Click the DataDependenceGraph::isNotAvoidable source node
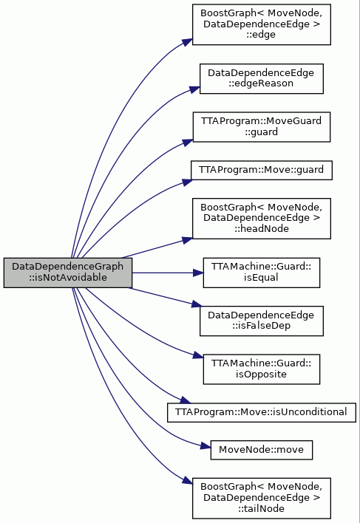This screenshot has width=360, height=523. point(68,273)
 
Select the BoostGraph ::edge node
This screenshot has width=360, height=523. point(261,24)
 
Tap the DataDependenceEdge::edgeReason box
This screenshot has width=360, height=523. point(261,78)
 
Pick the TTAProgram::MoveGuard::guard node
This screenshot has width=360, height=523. point(261,127)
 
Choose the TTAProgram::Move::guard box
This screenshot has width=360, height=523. point(261,170)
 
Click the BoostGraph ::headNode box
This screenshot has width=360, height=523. point(261,219)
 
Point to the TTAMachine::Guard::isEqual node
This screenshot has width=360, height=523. point(261,273)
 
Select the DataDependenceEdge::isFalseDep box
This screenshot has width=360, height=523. point(261,321)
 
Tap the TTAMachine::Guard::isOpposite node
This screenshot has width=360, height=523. point(261,369)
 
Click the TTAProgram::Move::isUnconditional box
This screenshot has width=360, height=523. point(261,412)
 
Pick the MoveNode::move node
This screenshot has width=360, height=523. point(261,450)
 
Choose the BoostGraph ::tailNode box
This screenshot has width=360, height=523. point(261,498)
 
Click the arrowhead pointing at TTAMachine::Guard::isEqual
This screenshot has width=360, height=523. point(199,273)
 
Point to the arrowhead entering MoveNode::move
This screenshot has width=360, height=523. point(206,446)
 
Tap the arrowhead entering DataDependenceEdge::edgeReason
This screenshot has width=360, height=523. point(195,89)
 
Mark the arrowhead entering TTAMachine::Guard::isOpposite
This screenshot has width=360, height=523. point(198,356)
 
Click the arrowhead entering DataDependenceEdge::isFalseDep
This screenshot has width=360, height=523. point(197,304)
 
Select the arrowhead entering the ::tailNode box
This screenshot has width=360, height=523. point(188,480)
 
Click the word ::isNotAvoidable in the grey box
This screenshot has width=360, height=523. point(68,278)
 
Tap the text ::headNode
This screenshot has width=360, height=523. point(261,229)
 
